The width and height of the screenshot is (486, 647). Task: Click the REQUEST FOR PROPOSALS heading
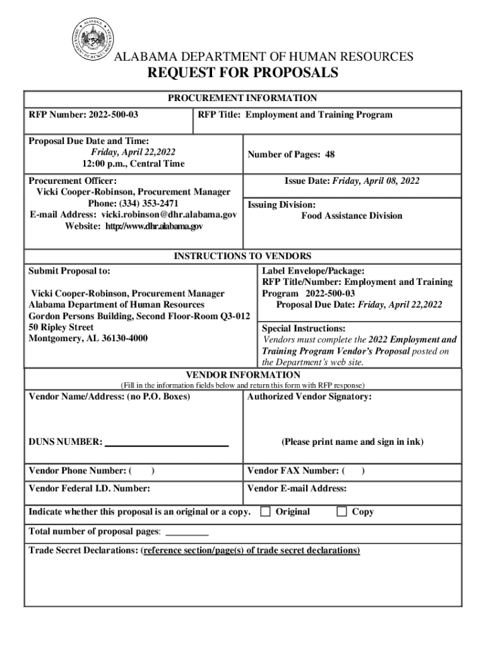[242, 73]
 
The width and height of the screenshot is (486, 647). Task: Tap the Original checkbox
[266, 511]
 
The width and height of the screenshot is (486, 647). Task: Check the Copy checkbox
[341, 511]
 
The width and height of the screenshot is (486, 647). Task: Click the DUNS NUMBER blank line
[166, 443]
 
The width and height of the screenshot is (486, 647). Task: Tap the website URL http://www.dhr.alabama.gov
[154, 226]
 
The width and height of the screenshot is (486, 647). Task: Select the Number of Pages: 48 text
[291, 155]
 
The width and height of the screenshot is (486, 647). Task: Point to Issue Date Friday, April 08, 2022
[352, 181]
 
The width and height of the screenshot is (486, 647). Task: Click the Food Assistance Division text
[351, 216]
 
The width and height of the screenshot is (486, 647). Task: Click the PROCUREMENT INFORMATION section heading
[242, 99]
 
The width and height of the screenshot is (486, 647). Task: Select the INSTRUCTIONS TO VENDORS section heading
[242, 256]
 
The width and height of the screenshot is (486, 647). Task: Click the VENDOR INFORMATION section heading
[242, 375]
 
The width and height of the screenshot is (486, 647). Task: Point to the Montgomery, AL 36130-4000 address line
[88, 339]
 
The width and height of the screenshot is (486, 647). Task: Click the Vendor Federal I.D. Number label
[89, 488]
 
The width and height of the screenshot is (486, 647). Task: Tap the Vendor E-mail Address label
[297, 488]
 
